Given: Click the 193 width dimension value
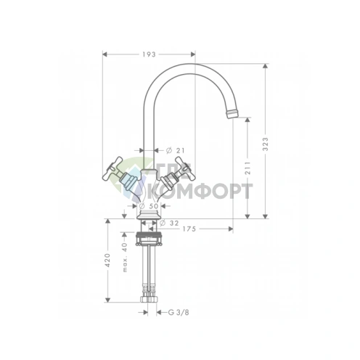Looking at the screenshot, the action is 149,54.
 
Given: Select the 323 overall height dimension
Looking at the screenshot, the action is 266,144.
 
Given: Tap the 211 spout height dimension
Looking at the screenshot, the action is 247,168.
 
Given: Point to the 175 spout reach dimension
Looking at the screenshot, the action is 189,229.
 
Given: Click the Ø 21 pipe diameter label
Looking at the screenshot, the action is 175,150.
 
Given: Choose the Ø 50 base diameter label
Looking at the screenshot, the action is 149,206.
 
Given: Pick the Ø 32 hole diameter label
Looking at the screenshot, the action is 169,223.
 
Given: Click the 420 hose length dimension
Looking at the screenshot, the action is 107,260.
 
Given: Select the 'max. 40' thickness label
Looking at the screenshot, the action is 125,257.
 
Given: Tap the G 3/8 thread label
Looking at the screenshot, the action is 179,312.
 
